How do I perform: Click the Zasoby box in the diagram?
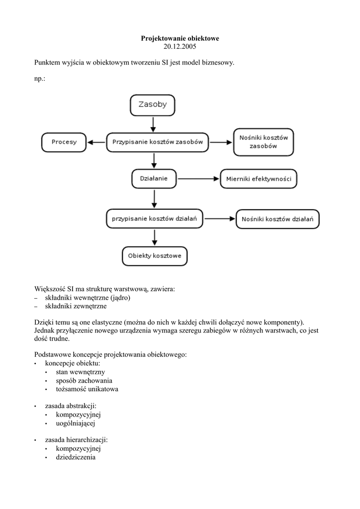(152, 105)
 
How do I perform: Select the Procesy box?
(64, 142)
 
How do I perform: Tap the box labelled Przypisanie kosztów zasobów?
(158, 142)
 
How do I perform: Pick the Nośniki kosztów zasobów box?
(264, 142)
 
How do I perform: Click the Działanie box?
(154, 178)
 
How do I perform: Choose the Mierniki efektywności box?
(259, 178)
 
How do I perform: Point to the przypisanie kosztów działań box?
(155, 218)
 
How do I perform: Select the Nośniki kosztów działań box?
(277, 219)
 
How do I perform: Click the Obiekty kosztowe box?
(155, 256)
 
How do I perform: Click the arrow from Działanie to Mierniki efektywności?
(198, 178)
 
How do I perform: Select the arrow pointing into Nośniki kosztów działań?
(219, 218)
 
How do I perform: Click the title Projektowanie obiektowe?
(180, 38)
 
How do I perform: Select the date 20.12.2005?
(180, 47)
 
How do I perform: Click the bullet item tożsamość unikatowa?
(87, 389)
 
